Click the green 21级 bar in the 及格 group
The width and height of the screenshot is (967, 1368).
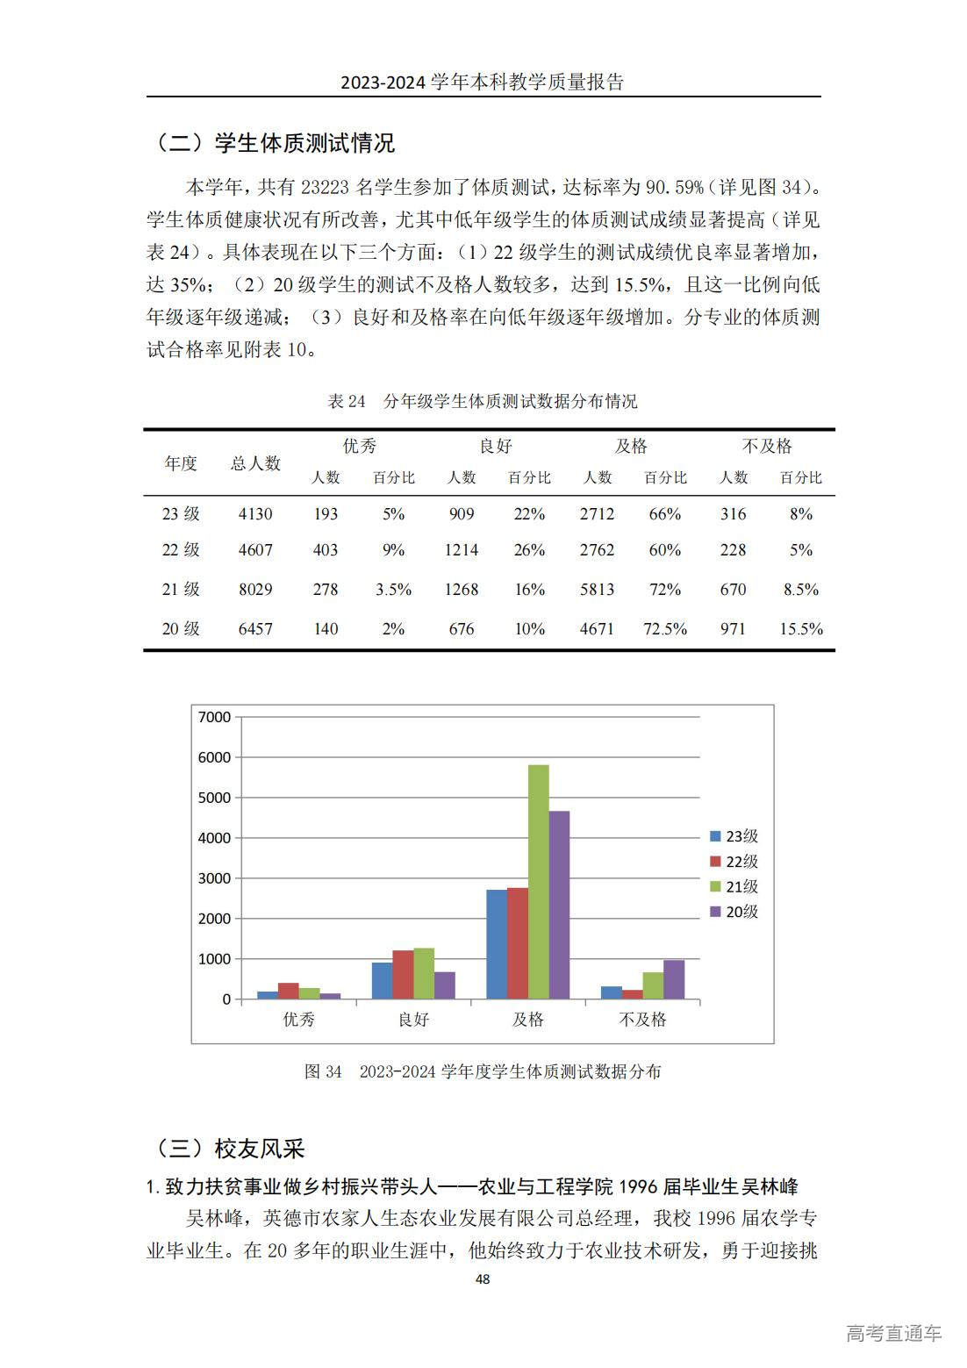(x=538, y=882)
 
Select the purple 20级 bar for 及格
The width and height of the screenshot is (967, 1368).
(x=559, y=905)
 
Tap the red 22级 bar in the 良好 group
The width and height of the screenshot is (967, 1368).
(x=403, y=974)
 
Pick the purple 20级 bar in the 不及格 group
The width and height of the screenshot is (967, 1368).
(x=674, y=979)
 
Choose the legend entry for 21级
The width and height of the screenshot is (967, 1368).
(x=734, y=887)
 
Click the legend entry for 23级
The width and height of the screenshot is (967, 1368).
(x=734, y=837)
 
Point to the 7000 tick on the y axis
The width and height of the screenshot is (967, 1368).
(x=215, y=717)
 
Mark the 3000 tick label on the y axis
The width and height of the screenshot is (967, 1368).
(x=215, y=878)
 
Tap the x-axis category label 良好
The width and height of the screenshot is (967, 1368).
(x=413, y=1020)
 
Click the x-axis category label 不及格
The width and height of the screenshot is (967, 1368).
(x=642, y=1020)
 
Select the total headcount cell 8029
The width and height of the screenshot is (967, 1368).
(x=255, y=590)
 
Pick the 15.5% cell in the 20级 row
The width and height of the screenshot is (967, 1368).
(x=801, y=629)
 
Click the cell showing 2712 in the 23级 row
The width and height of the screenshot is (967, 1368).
(x=597, y=514)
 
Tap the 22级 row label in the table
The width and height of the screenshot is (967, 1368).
(x=181, y=550)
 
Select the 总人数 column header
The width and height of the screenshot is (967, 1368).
(x=255, y=463)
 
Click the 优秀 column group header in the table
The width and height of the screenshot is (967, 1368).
(x=359, y=447)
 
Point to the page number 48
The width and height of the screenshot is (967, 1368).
(x=483, y=1279)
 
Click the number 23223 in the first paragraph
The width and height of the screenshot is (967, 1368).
(x=326, y=187)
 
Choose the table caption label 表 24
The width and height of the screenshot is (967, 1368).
(x=346, y=402)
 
